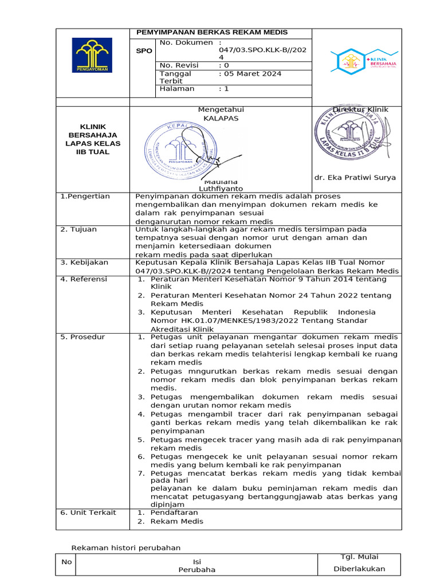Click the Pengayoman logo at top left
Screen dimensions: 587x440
(x=92, y=55)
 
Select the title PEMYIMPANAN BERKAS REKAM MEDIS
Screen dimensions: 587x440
(x=211, y=33)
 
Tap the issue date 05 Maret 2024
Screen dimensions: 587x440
(x=250, y=74)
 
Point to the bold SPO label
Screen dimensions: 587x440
(x=144, y=51)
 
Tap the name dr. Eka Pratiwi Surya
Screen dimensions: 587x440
(x=355, y=178)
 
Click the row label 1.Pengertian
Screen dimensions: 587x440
(x=85, y=197)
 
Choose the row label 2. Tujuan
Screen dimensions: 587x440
(x=79, y=229)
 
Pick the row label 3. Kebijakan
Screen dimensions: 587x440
(x=84, y=262)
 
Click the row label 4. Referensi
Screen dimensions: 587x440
(x=84, y=279)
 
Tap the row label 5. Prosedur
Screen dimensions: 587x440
(x=82, y=337)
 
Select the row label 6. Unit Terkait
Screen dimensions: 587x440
(x=88, y=512)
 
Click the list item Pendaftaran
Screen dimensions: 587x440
(x=174, y=512)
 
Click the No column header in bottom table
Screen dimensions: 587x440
(x=66, y=562)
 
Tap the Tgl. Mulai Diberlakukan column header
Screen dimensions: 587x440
(x=359, y=563)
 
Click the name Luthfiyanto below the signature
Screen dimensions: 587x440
(x=221, y=189)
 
